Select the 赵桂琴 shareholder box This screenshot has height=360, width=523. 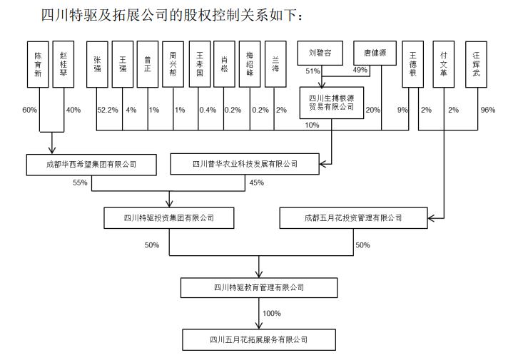click(64, 64)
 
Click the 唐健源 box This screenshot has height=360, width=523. click(374, 52)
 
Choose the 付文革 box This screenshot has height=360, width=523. click(444, 64)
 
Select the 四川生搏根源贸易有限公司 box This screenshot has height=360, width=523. click(331, 102)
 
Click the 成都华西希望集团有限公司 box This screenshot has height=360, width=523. click(91, 164)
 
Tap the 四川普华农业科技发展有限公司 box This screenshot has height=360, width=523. click(245, 164)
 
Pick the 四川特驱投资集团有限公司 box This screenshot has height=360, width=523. click(168, 217)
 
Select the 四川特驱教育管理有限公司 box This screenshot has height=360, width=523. click(258, 287)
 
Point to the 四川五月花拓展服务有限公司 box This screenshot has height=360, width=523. click(258, 339)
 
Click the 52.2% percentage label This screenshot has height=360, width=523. click(107, 110)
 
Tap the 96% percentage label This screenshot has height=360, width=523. click(487, 110)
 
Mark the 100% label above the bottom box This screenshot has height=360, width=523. click(271, 314)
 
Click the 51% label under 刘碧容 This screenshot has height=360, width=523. click(313, 71)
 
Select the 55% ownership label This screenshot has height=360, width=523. click(80, 182)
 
